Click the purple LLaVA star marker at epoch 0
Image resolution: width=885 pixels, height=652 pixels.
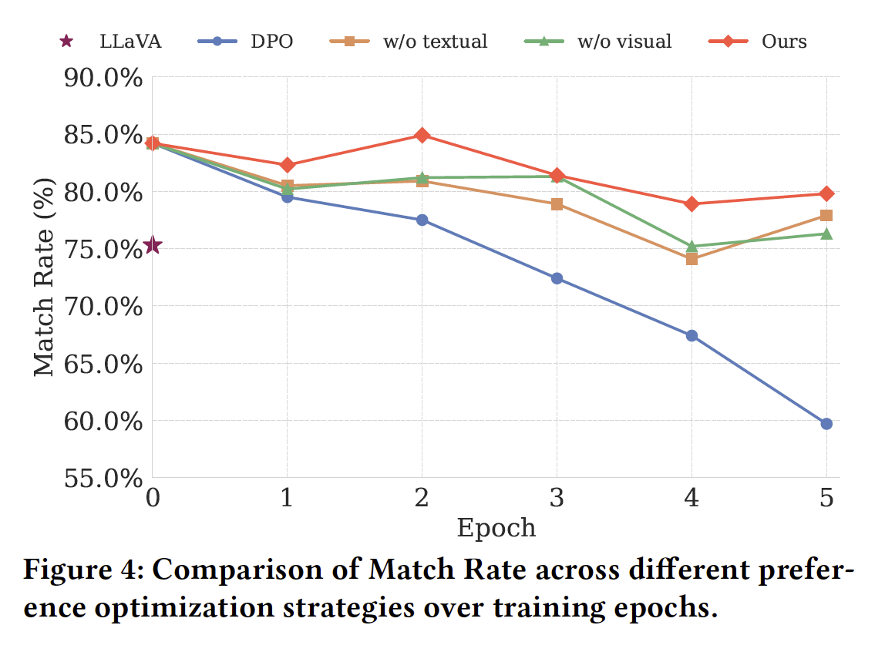[152, 246]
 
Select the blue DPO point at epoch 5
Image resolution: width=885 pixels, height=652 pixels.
[826, 424]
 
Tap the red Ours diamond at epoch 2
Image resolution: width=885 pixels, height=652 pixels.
[422, 136]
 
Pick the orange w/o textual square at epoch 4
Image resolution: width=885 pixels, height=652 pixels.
[692, 259]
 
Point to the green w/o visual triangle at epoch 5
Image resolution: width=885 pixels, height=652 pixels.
[826, 234]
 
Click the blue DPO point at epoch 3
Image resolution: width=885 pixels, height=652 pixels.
[557, 278]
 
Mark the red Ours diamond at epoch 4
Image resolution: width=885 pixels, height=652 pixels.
[692, 204]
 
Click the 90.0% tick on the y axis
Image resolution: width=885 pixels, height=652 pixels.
[105, 79]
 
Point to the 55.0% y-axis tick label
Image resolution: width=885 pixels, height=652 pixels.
[105, 479]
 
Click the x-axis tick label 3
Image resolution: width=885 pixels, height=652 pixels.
[557, 499]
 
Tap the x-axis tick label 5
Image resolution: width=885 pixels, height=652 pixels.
[826, 499]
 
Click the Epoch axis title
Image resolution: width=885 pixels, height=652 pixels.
[496, 529]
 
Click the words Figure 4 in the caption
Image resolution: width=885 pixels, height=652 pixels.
[81, 571]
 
